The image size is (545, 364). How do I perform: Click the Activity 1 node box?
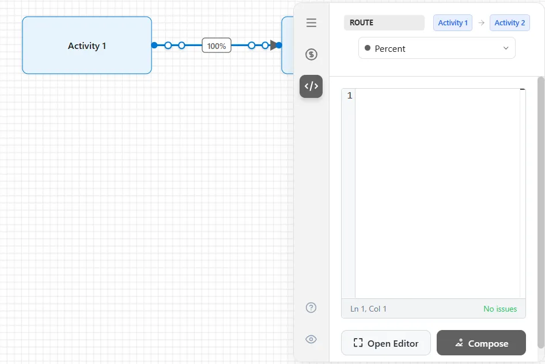tap(87, 45)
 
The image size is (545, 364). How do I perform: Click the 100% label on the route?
tap(217, 45)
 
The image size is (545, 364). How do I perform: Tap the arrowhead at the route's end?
tap(274, 45)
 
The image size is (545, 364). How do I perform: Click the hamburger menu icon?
tap(312, 22)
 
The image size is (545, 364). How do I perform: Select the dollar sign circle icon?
tap(311, 54)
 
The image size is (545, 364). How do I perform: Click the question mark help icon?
tap(311, 308)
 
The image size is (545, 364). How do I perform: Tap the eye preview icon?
tap(311, 339)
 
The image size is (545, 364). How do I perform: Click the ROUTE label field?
tap(384, 22)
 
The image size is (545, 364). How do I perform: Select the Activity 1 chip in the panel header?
tap(453, 22)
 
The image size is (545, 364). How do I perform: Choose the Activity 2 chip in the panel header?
tap(509, 22)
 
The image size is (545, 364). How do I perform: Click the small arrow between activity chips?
tap(481, 22)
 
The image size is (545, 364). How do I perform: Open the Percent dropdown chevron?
tap(506, 48)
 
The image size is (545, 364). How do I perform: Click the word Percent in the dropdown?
tap(390, 48)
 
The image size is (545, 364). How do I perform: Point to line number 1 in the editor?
tap(350, 95)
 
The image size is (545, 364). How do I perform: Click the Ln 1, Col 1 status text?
tap(368, 309)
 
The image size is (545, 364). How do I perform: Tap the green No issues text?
tap(500, 309)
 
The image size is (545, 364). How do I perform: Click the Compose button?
tap(481, 343)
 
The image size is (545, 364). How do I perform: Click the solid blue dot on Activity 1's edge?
tap(154, 45)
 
